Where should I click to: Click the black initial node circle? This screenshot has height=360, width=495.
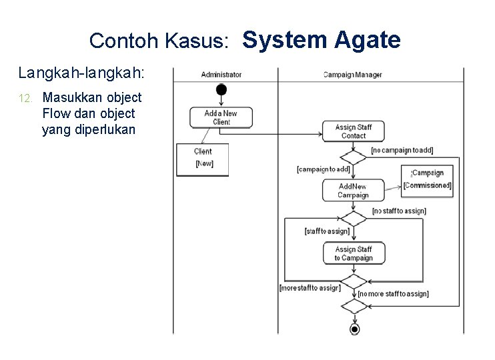pos(221,90)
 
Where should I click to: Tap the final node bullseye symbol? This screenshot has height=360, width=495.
pos(354,329)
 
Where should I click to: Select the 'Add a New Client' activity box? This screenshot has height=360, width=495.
pos(221,117)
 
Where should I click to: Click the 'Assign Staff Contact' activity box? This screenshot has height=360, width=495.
pos(354,131)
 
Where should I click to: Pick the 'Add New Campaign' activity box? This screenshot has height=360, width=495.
pos(353,191)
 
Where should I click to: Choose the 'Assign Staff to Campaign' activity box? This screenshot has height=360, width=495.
pos(354,253)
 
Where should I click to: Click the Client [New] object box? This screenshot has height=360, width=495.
pos(203,159)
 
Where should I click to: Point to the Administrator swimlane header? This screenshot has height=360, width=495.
pos(221,75)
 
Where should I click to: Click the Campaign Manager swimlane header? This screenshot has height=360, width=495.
pos(353,75)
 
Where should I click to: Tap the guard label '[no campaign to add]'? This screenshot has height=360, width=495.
pos(402,151)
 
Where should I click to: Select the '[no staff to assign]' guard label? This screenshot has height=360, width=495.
pos(399,211)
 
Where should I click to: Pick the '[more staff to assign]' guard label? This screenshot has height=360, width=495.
pos(310,288)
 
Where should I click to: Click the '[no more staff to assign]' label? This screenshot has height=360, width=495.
pos(393,293)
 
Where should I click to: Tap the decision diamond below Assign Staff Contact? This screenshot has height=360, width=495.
pos(354,157)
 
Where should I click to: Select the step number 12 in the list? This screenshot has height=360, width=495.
pos(25,99)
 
